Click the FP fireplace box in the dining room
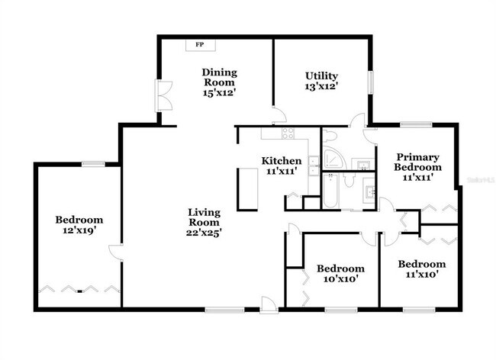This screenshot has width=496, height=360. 200,45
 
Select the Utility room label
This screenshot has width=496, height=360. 321,76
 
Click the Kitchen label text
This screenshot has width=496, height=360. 281,161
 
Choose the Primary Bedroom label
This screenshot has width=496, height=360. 417,162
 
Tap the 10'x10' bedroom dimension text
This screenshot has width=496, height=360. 340,280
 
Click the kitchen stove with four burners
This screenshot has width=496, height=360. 288,134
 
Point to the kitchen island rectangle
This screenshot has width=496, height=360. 247,188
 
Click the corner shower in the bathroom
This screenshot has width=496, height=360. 333,159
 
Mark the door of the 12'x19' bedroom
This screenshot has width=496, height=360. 115,254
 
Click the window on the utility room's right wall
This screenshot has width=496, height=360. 371,82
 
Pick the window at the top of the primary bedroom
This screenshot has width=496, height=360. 416,124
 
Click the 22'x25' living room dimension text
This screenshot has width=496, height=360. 205,233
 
